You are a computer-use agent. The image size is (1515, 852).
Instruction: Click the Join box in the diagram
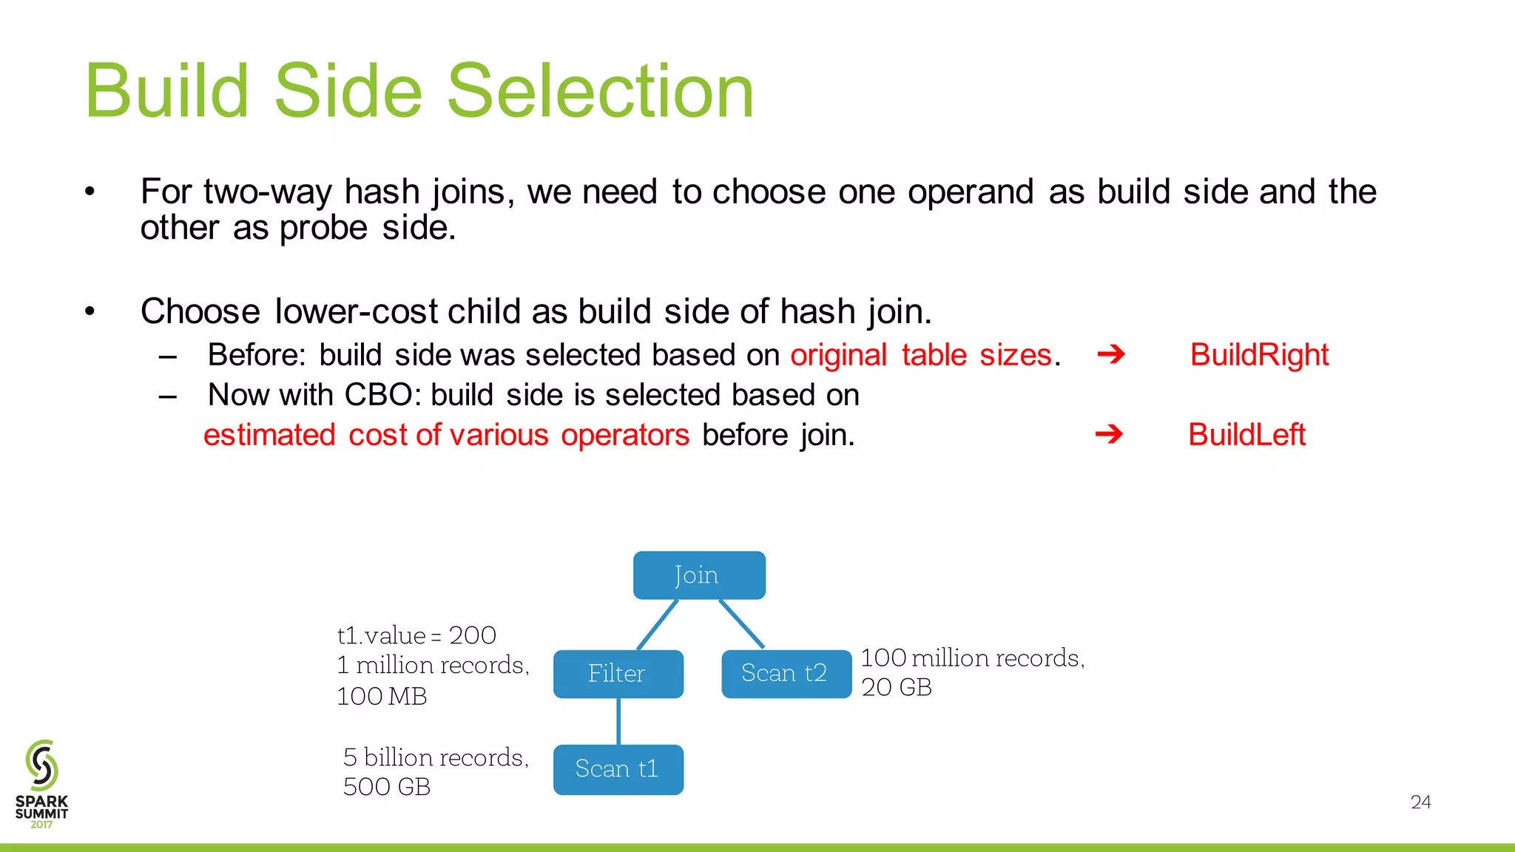(699, 575)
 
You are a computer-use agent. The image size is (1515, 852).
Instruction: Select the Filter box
(618, 673)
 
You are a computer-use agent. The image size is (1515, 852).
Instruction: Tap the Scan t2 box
(786, 673)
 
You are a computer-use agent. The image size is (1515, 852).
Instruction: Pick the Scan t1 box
(618, 769)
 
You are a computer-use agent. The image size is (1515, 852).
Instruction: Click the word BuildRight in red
(1259, 355)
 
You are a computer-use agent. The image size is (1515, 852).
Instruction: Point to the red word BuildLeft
(1246, 435)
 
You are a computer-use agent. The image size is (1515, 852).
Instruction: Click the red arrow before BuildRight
(1110, 355)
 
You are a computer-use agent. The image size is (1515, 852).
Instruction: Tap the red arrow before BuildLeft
(1108, 434)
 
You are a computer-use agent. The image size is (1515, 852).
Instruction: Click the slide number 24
(1420, 802)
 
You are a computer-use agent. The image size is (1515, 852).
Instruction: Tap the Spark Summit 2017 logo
(41, 784)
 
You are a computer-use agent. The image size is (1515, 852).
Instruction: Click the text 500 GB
(387, 787)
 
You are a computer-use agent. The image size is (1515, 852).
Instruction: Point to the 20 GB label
(897, 687)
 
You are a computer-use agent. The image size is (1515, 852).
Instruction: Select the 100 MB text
(382, 696)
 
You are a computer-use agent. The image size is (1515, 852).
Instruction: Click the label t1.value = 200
(416, 635)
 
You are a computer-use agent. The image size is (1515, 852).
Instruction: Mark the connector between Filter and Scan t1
(618, 721)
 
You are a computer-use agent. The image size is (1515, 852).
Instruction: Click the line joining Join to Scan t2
(741, 624)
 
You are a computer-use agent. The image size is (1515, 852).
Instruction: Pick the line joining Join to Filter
(658, 624)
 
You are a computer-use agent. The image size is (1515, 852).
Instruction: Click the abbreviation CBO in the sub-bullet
(378, 395)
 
